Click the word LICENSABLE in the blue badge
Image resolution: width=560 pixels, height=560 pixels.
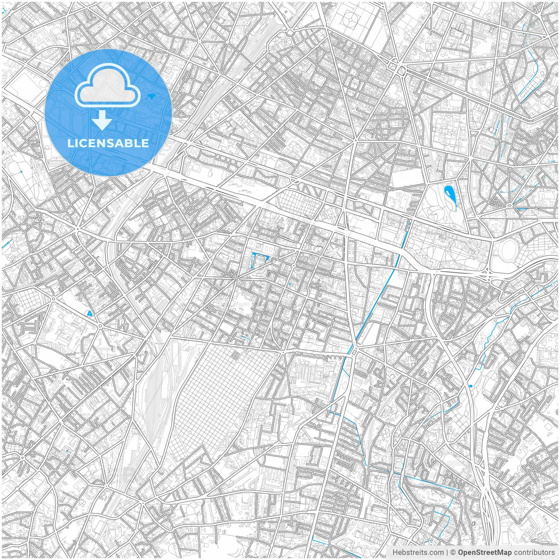[x=108, y=143]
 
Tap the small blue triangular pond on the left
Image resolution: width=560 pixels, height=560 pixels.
[x=90, y=313]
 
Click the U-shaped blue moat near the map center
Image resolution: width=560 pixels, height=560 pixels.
[x=255, y=262]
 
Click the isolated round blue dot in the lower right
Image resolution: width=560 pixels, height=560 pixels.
[x=471, y=386]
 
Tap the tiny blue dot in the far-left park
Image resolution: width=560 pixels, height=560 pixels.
[x=21, y=171]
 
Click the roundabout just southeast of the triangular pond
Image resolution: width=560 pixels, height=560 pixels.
[x=100, y=325]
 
